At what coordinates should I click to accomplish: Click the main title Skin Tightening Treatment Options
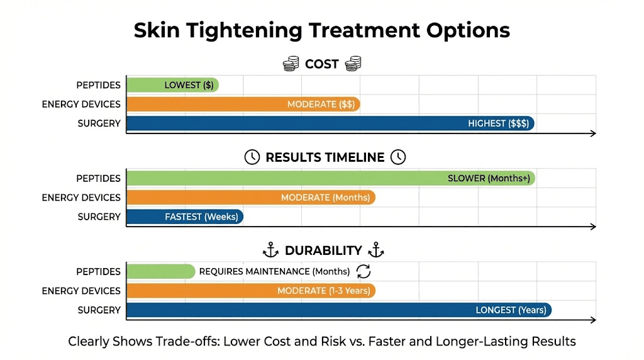point(321,30)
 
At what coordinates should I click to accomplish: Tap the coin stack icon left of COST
point(291,64)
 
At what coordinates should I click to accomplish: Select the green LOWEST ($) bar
point(172,85)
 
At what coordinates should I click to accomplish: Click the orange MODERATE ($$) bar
point(243,104)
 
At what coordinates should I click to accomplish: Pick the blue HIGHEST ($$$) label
point(498,123)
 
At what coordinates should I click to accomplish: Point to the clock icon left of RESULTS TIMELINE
point(252,157)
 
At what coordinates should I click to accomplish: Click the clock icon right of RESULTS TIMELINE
point(398,157)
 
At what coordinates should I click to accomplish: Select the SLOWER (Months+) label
point(489,178)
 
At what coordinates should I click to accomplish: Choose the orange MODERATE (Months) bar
point(250,198)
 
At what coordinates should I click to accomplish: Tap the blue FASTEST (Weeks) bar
point(184,217)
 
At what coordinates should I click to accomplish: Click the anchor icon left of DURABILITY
point(270,250)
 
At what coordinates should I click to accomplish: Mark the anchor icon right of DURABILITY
point(375,250)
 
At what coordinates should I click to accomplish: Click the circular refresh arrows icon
point(364,271)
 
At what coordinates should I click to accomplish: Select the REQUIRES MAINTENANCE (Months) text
point(274,271)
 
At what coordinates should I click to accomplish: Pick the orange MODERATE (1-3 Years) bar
point(250,291)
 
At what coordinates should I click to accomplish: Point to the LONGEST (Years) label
point(509,310)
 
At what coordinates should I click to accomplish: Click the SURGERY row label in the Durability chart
point(99,310)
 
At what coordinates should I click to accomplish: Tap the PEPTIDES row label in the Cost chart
point(98,85)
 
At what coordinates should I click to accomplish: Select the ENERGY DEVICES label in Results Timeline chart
point(81,198)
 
